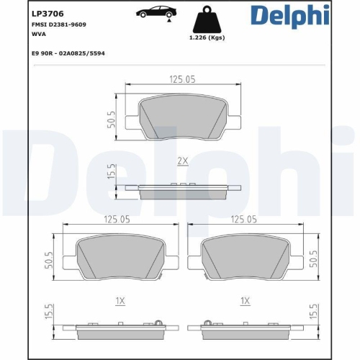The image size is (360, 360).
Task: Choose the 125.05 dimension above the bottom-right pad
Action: point(246,220)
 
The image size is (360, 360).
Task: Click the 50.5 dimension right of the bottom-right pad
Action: point(313,258)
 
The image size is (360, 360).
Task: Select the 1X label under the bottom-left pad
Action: point(121,301)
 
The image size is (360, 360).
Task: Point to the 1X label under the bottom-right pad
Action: point(246,301)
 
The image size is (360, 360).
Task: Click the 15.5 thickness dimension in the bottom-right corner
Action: point(313,314)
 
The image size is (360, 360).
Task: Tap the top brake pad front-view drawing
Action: point(183,117)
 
